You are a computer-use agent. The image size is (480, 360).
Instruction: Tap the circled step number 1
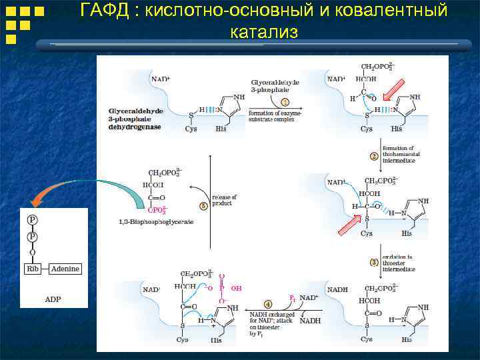click(285, 102)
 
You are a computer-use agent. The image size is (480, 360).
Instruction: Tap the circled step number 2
click(374, 157)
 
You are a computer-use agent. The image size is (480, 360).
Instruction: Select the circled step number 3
click(374, 262)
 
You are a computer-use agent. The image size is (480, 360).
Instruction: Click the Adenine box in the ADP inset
click(65, 269)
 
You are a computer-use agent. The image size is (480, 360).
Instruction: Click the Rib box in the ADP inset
click(32, 269)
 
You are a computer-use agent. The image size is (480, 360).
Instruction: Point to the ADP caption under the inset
click(53, 299)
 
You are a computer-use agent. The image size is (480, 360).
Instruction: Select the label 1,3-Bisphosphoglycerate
click(155, 221)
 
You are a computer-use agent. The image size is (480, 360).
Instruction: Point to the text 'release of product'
click(224, 201)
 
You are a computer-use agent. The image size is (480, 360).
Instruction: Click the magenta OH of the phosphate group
click(236, 289)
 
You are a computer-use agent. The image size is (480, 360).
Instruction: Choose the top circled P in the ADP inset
click(32, 219)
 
